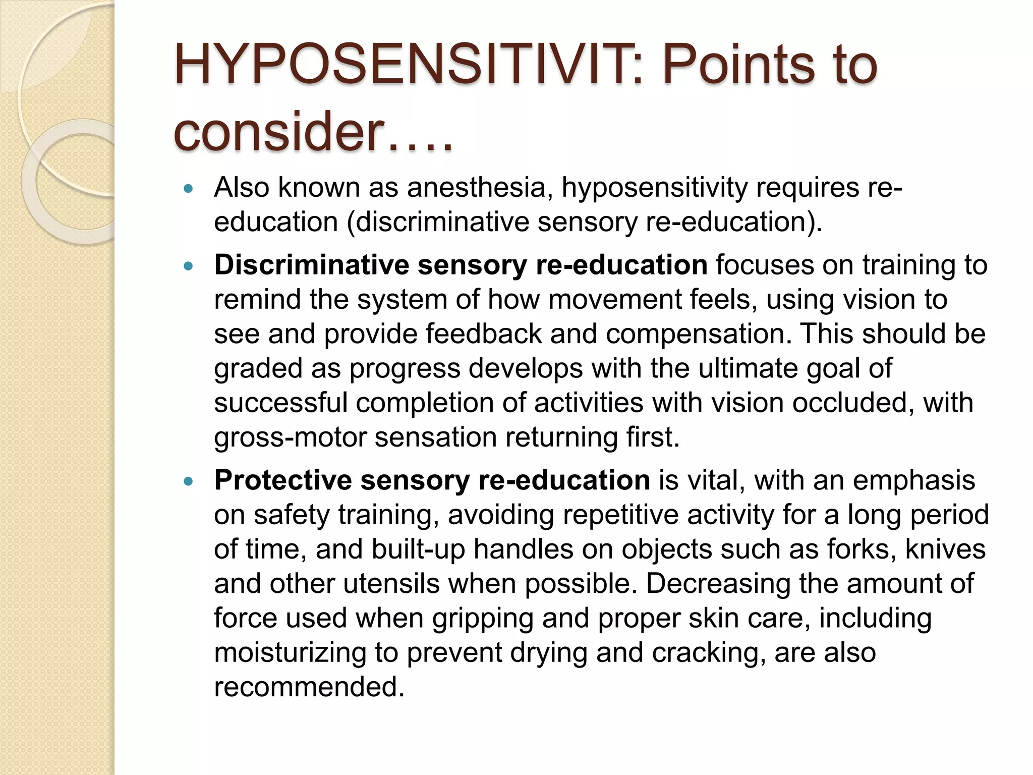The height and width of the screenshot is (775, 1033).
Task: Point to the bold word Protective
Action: click(283, 480)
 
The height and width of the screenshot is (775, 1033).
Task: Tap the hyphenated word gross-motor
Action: click(290, 437)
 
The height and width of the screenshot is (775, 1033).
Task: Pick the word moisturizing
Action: click(290, 653)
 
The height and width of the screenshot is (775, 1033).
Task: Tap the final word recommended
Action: click(309, 687)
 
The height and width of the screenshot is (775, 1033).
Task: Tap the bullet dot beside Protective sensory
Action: click(189, 482)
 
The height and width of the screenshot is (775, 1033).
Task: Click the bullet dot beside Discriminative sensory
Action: click(189, 267)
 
